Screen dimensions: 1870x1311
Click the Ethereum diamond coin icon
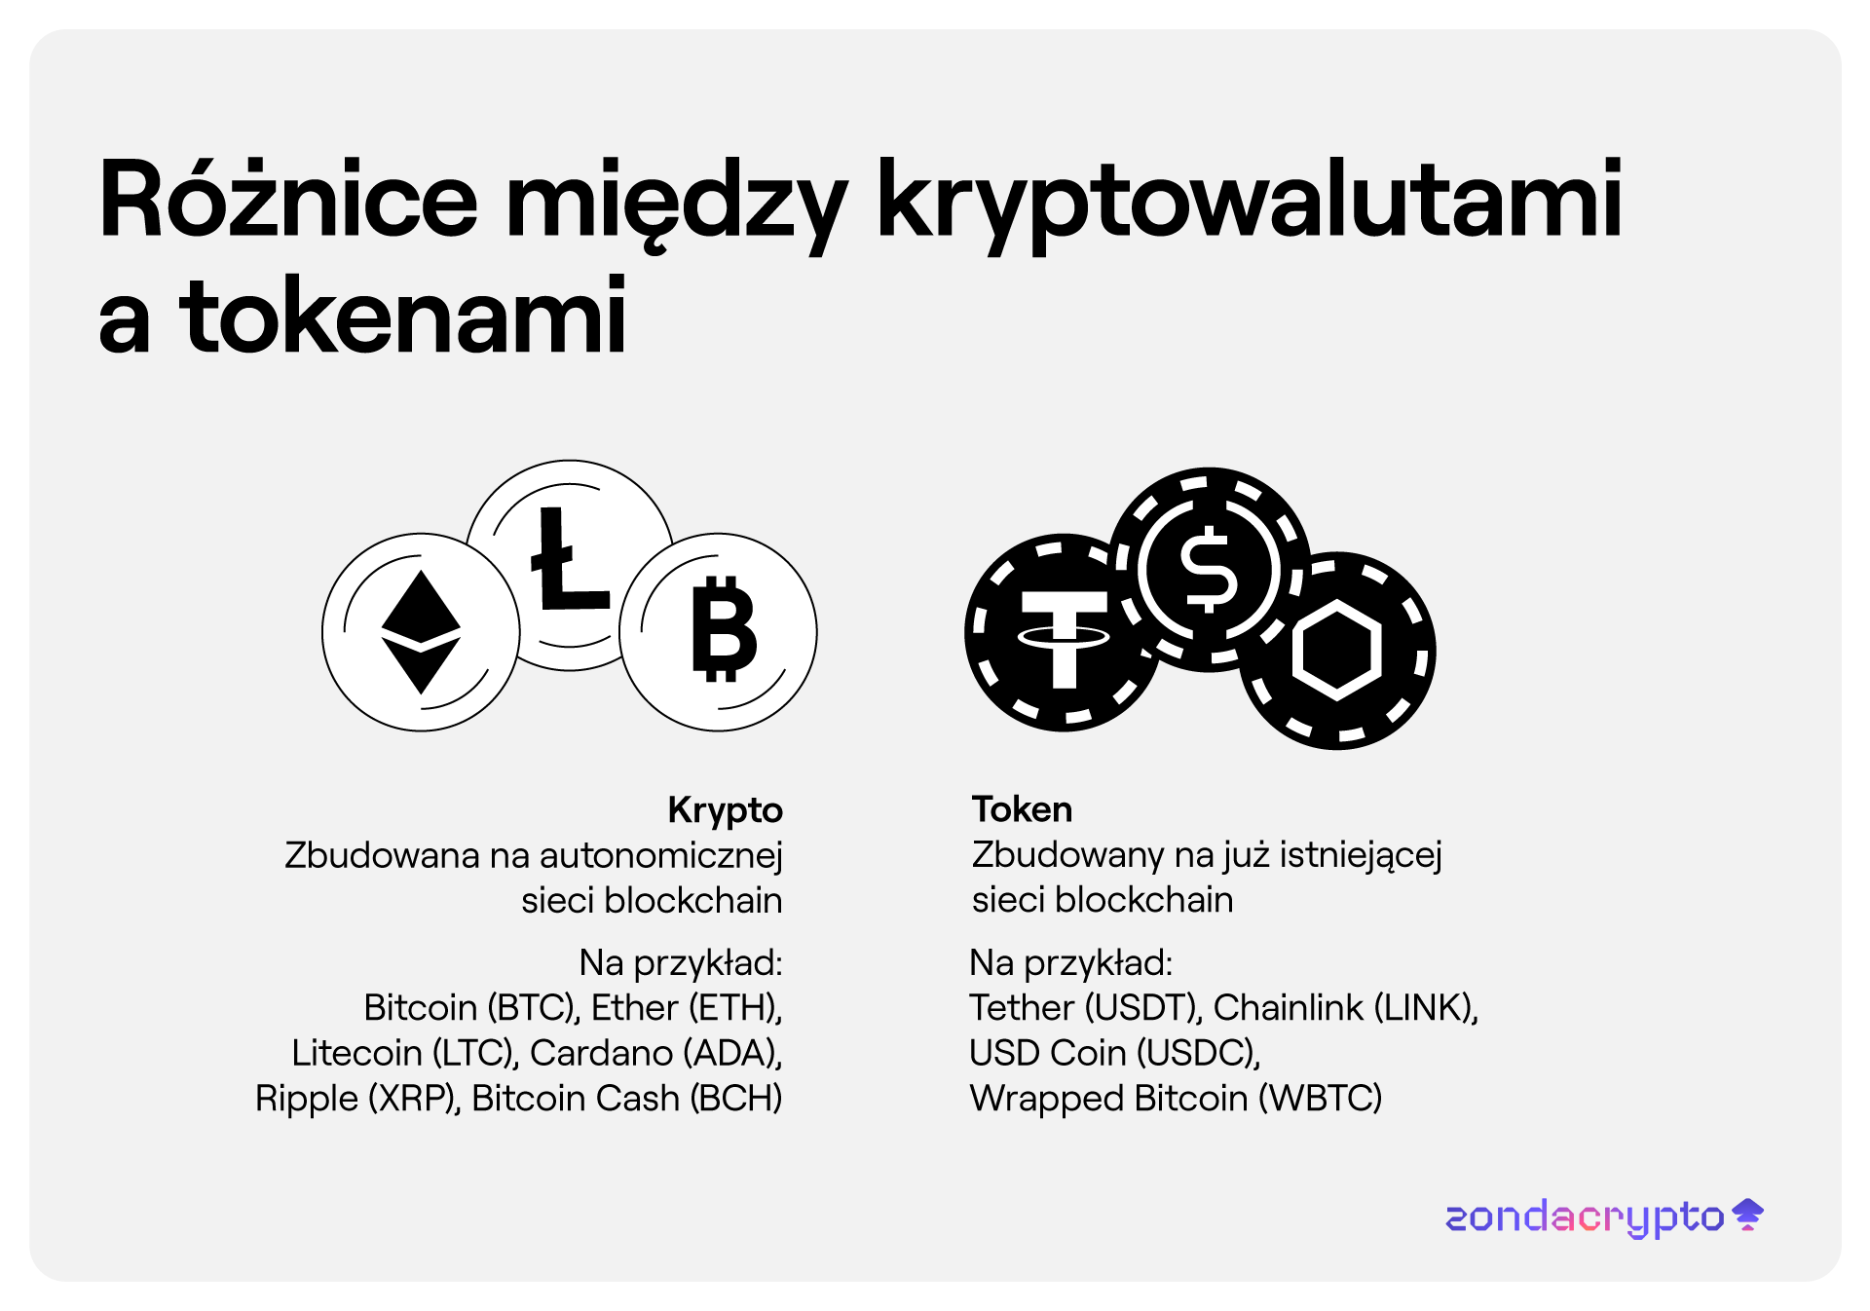[421, 632]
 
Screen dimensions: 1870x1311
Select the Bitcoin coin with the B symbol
[719, 632]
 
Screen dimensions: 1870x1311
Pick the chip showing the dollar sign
[1209, 570]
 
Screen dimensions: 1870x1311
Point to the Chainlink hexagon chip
[1337, 650]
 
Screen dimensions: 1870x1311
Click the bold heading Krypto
[725, 810]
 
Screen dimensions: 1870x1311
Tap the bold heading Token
[1022, 809]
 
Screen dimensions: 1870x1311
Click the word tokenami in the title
[402, 316]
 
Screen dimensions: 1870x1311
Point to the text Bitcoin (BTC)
[472, 1008]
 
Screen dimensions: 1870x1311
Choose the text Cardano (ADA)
[656, 1053]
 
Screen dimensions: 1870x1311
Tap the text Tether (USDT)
[1086, 1008]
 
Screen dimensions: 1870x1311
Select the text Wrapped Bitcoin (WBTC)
[1176, 1099]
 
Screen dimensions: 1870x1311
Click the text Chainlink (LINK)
[1346, 1008]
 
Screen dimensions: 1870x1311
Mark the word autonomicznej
[661, 856]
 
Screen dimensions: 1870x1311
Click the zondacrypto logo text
[1585, 1217]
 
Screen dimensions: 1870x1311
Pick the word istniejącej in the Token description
[1361, 855]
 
